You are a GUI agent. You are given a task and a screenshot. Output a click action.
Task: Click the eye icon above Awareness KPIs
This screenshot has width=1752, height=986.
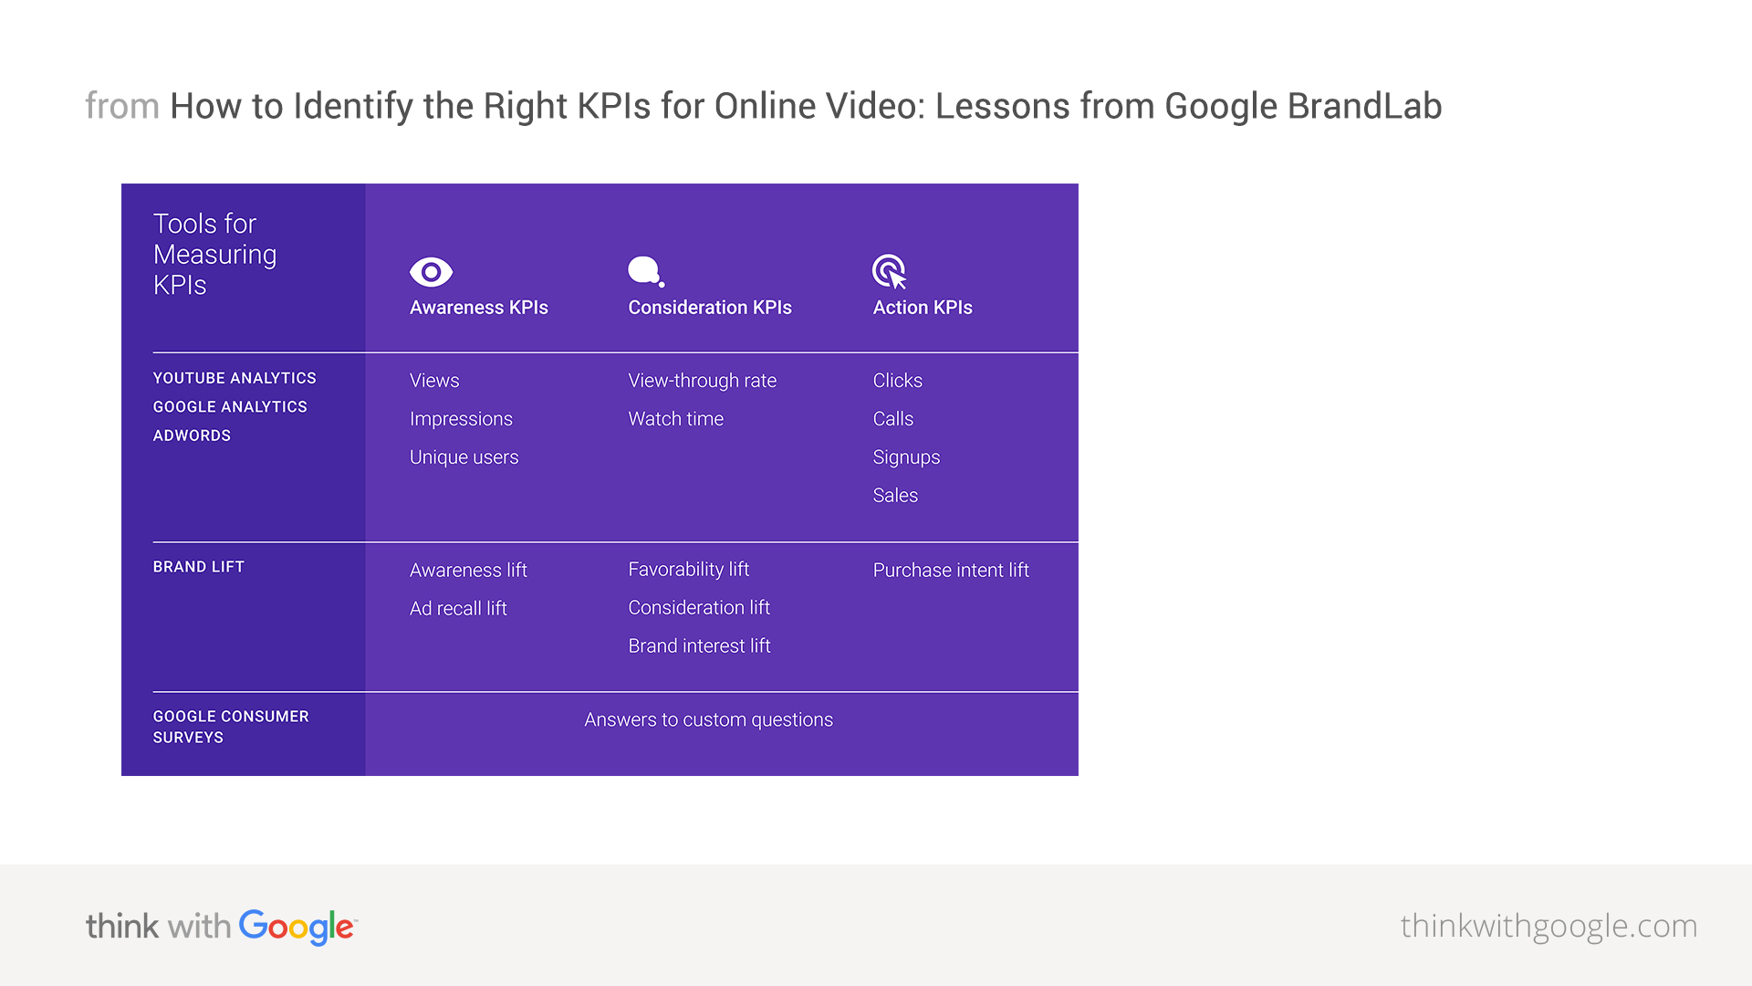tap(431, 272)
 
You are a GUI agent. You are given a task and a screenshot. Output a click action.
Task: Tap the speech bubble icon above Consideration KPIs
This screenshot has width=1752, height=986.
tap(646, 272)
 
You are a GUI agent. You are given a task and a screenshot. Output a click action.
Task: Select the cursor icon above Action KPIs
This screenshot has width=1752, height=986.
tap(890, 272)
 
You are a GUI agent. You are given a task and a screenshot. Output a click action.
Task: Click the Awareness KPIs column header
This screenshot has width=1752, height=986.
tap(479, 308)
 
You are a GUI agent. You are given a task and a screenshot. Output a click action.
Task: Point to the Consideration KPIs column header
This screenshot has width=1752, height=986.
tap(710, 308)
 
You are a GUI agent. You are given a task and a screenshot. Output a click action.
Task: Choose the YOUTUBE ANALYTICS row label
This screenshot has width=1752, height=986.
tap(235, 378)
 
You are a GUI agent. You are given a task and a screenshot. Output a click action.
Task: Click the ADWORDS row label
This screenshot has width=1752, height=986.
tap(192, 435)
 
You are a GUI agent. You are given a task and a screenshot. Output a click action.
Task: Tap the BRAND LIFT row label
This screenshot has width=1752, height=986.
tap(199, 567)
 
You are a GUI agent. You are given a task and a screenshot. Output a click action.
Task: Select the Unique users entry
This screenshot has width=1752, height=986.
tap(464, 457)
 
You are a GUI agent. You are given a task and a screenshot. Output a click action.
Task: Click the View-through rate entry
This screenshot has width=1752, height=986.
tap(703, 381)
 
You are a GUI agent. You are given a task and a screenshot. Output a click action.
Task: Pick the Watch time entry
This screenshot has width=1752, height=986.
tap(676, 419)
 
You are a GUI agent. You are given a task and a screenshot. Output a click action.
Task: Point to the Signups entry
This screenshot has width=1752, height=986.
tap(906, 458)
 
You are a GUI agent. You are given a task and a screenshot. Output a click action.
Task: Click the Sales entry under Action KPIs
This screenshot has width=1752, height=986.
tap(895, 496)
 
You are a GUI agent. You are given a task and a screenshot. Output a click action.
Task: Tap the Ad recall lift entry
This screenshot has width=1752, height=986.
tap(458, 609)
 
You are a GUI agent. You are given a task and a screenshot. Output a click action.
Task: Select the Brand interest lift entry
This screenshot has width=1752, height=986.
tap(700, 646)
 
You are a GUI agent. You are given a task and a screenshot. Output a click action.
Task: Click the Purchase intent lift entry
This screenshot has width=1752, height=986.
tap(951, 571)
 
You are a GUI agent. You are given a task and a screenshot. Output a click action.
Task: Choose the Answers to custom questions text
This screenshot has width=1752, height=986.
tap(709, 720)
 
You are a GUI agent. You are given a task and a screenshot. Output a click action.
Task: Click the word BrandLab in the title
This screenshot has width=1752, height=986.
tap(1365, 106)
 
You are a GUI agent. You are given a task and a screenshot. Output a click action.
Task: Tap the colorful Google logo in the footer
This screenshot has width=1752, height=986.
tap(297, 928)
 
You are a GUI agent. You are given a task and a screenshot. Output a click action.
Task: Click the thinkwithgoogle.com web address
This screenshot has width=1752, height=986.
tap(1549, 927)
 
